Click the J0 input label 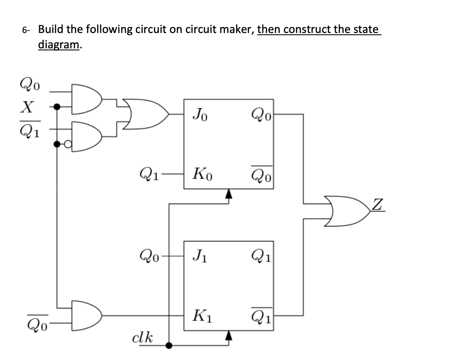[x=200, y=114]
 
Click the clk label [x=142, y=338]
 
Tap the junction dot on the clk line [x=169, y=345]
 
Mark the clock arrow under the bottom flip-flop [x=229, y=336]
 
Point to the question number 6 [x=25, y=30]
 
